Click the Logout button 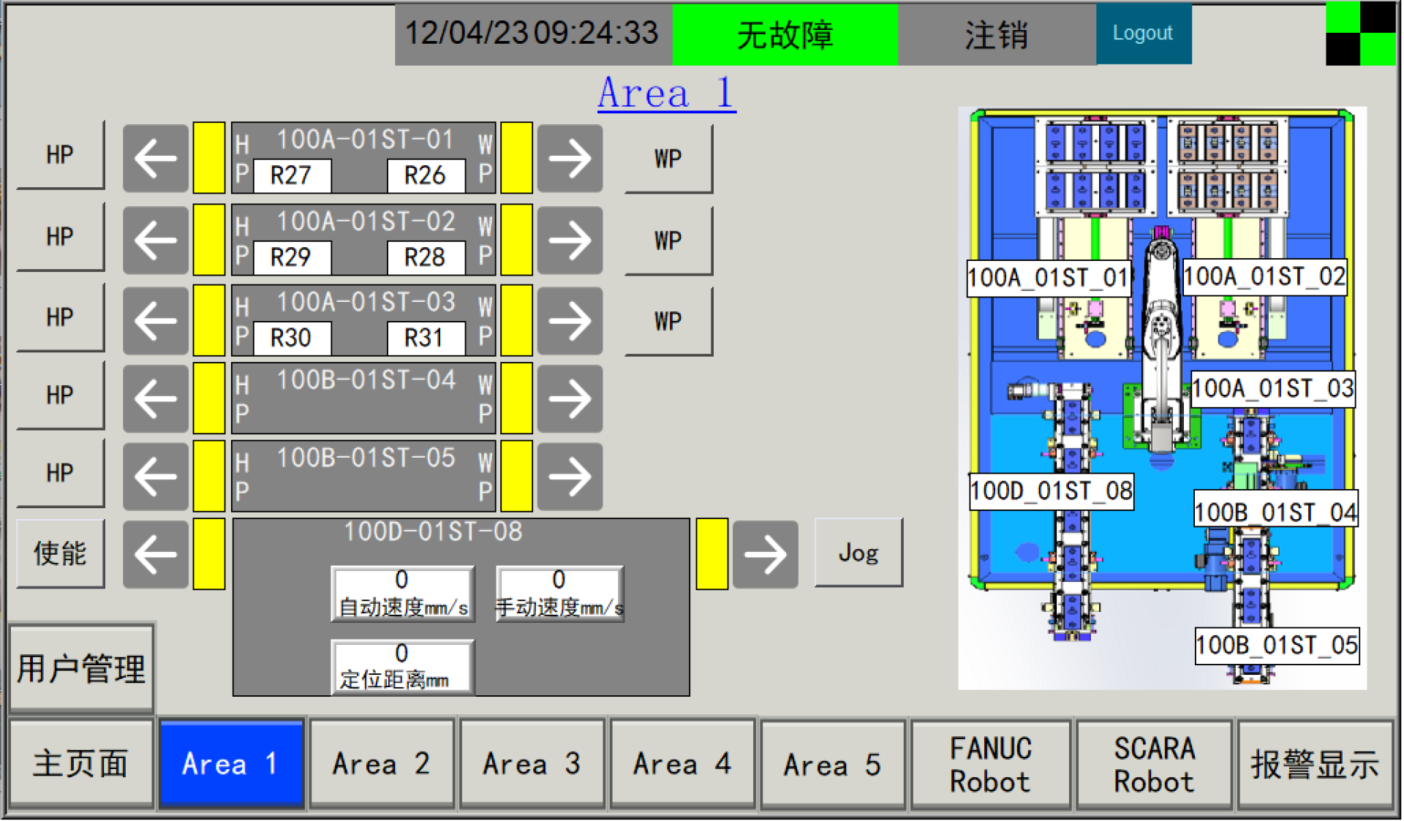1143,34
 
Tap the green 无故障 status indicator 785,34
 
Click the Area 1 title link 666,93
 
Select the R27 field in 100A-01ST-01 292,175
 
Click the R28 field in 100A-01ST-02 426,257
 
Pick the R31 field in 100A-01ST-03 426,338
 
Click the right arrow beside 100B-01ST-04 570,398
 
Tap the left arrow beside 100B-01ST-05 156,477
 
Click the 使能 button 61,553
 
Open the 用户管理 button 81,668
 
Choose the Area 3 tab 532,764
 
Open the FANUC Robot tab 991,764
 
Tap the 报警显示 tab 1315,764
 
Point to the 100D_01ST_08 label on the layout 1052,491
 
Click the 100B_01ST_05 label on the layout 1277,646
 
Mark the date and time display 532,34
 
